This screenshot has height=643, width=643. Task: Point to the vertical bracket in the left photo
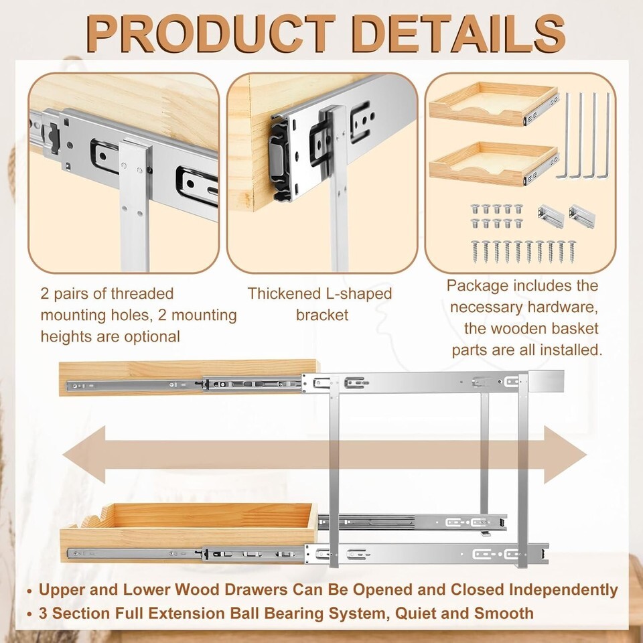(x=134, y=201)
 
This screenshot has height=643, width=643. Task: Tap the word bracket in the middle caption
(x=322, y=315)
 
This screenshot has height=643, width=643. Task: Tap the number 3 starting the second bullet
(x=44, y=613)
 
